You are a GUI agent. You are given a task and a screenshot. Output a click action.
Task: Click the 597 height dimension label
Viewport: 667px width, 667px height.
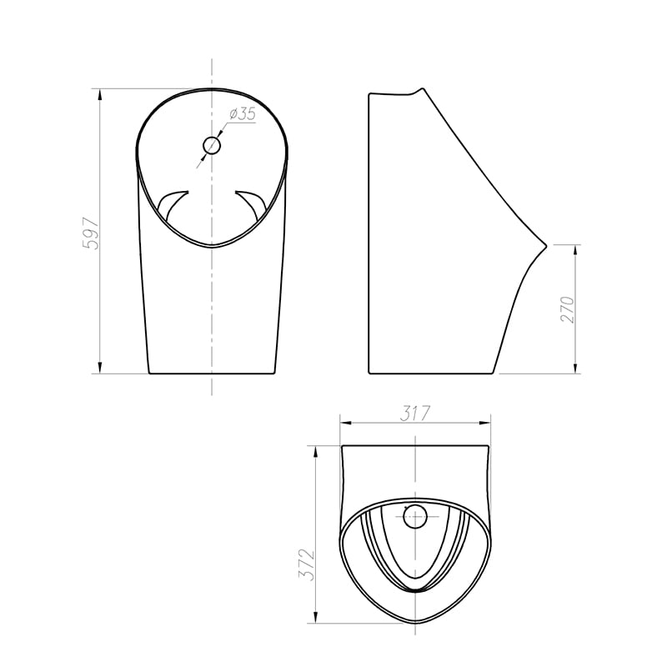click(91, 233)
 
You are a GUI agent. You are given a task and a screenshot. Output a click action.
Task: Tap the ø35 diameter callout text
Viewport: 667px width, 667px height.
click(242, 114)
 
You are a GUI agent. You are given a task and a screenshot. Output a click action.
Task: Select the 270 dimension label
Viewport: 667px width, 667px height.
click(568, 309)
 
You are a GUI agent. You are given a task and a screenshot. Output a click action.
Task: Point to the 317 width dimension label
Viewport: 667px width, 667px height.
click(415, 414)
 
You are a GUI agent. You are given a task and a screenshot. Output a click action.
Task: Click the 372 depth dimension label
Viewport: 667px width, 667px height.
click(306, 565)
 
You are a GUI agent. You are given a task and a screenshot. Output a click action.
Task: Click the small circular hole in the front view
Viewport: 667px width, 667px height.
click(212, 145)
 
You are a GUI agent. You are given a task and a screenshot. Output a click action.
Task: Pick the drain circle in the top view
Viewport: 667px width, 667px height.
click(414, 516)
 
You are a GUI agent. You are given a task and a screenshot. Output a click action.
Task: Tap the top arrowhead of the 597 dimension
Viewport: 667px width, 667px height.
click(100, 94)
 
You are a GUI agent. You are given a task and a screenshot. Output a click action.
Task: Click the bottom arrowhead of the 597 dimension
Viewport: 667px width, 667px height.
click(100, 368)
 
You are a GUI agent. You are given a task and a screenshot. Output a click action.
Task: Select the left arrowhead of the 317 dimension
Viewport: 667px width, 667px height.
click(346, 423)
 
